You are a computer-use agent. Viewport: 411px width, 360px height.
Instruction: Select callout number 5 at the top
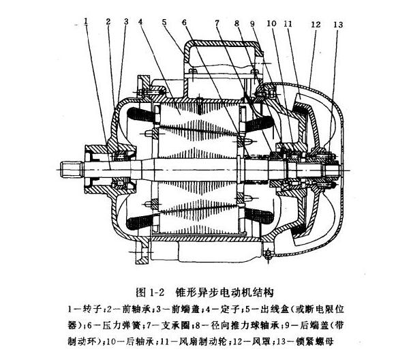click(164, 21)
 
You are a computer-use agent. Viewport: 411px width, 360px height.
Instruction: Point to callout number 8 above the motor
click(238, 22)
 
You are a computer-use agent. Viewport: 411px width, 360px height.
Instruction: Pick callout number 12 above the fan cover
click(315, 24)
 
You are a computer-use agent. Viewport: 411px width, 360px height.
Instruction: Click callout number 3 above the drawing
click(126, 21)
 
